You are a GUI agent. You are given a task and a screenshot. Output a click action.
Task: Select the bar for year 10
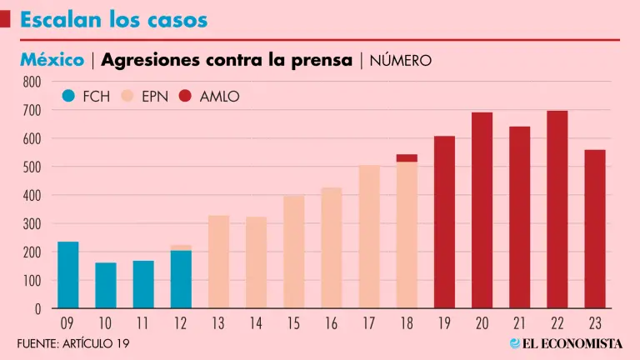[106, 286]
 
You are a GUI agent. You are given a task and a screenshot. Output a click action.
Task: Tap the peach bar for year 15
[293, 252]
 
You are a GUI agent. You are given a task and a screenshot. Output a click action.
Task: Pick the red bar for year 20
[482, 210]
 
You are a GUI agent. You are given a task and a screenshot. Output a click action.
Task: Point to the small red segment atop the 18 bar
[407, 157]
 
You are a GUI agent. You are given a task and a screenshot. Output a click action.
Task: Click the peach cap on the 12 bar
[181, 247]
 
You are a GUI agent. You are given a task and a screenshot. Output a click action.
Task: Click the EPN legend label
[155, 97]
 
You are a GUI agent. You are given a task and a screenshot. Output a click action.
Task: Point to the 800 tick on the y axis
[32, 82]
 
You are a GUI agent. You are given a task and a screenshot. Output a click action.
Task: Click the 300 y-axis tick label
[32, 224]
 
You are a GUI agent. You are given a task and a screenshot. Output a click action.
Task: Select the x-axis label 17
[369, 323]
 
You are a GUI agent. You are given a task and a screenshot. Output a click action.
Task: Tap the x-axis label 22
[557, 323]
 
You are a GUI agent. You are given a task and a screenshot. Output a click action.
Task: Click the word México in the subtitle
[52, 60]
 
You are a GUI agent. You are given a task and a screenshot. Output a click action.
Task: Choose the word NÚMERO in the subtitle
[400, 61]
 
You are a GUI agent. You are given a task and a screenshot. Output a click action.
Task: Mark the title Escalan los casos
[114, 19]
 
